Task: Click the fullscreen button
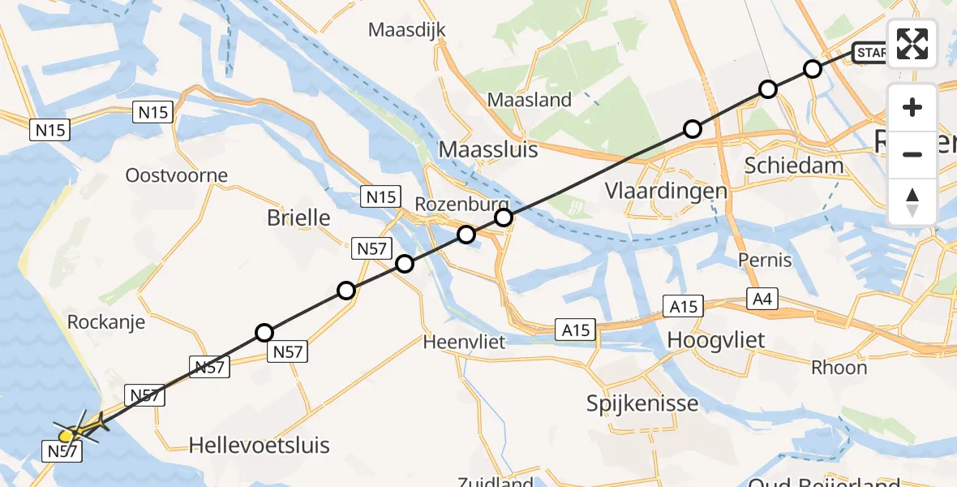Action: [912, 44]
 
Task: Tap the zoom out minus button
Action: [912, 154]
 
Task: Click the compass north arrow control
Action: [912, 202]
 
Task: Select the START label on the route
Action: [871, 54]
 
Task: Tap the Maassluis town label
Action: [488, 149]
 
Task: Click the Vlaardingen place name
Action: [666, 192]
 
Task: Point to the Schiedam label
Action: [794, 166]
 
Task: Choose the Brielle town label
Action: [298, 218]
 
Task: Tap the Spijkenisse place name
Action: [643, 403]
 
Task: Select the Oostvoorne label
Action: [177, 175]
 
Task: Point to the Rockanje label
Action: [106, 322]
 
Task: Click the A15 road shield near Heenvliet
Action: [574, 330]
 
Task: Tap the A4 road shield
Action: [762, 300]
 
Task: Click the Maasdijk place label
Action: [408, 31]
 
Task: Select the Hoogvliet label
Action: [716, 340]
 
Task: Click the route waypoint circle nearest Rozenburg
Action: [504, 218]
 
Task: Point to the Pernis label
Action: [765, 261]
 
